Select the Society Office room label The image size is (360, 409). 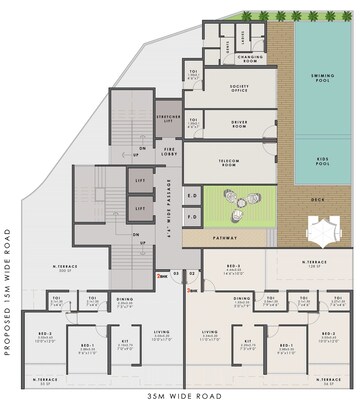(239, 89)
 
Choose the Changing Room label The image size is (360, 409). (249, 60)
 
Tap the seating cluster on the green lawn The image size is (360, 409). (240, 209)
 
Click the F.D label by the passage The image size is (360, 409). (193, 216)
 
